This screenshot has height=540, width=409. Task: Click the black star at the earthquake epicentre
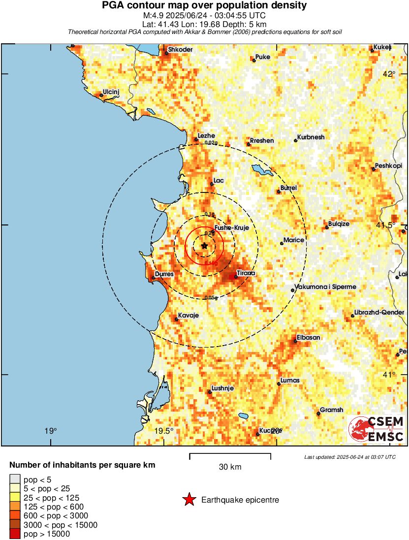[204, 246]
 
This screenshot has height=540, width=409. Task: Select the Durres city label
[164, 274]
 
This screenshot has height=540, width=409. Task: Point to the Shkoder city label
[180, 50]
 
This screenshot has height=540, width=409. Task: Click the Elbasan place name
[308, 338]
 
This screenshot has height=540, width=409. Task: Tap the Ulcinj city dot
[101, 96]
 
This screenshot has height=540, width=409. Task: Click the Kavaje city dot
[176, 319]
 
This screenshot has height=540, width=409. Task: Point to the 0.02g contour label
[211, 143]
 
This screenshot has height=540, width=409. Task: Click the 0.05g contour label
[211, 297]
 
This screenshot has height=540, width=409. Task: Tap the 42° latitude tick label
[389, 74]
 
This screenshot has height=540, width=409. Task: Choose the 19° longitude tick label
[50, 431]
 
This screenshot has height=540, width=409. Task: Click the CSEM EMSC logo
[377, 429]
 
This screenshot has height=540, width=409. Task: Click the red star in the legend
[189, 500]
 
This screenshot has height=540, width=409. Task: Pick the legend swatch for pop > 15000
[15, 534]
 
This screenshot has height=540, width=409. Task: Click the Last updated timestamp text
[349, 457]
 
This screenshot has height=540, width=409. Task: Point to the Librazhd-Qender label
[378, 313]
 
